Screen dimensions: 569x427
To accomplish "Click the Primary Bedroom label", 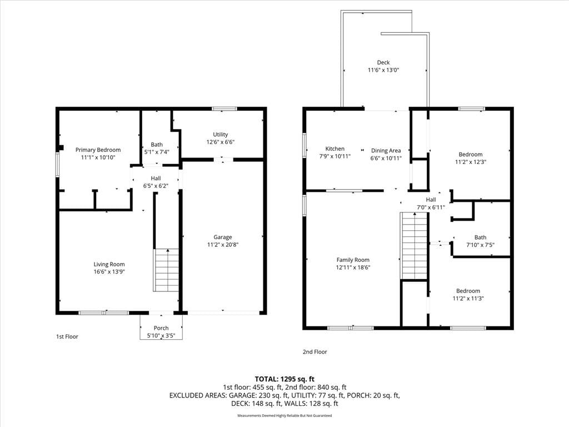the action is click(98, 150).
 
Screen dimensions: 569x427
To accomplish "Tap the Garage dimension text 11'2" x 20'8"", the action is click(223, 245).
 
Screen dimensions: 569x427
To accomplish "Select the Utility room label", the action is click(220, 135).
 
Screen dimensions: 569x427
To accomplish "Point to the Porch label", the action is click(161, 328).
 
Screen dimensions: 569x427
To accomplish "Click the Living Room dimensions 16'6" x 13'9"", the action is click(109, 271).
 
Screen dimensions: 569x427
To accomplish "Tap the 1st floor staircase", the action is click(166, 270).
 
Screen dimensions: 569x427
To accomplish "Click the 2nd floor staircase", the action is click(413, 245).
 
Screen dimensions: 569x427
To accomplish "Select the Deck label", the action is click(383, 62).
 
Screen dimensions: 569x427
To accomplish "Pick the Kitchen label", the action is click(335, 148).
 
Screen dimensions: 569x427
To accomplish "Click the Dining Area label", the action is click(386, 150).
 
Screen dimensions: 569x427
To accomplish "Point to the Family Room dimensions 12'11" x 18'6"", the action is click(353, 267).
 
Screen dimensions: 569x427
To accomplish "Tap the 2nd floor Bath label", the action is click(481, 237).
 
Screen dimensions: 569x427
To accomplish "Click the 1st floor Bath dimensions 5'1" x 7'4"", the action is click(157, 152).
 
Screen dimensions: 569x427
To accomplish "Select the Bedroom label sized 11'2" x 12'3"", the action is click(471, 155).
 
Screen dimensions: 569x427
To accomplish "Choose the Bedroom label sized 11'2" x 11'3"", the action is click(468, 291).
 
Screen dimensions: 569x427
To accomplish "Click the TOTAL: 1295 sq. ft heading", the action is click(284, 379).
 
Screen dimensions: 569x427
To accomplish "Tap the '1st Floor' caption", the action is click(67, 336).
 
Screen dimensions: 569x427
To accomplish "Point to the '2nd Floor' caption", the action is click(315, 352).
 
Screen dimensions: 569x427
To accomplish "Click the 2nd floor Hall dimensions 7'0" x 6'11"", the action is click(431, 207).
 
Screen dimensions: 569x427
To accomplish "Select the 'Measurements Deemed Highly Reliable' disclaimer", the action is click(284, 415).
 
